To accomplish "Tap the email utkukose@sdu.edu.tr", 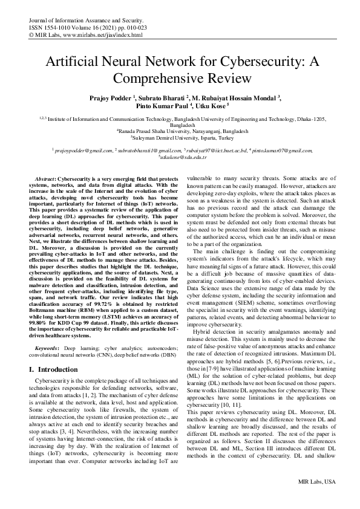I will (180, 157).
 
